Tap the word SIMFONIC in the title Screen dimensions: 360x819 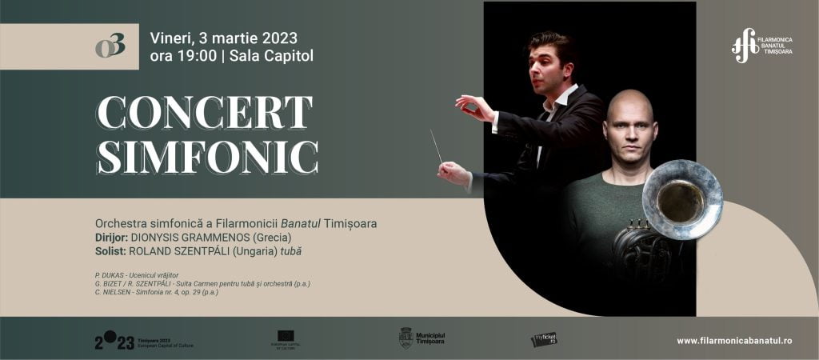point(207,157)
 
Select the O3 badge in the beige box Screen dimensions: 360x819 point(110,46)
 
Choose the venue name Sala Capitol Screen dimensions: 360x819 point(271,56)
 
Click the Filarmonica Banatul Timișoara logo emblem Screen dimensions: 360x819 point(745,45)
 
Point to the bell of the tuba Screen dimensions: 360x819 point(681,199)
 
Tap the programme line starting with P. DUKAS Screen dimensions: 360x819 point(141,274)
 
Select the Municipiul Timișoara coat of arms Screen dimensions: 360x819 point(406,338)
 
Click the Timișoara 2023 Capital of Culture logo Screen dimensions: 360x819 point(144,342)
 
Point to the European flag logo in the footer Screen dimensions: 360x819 point(286,336)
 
